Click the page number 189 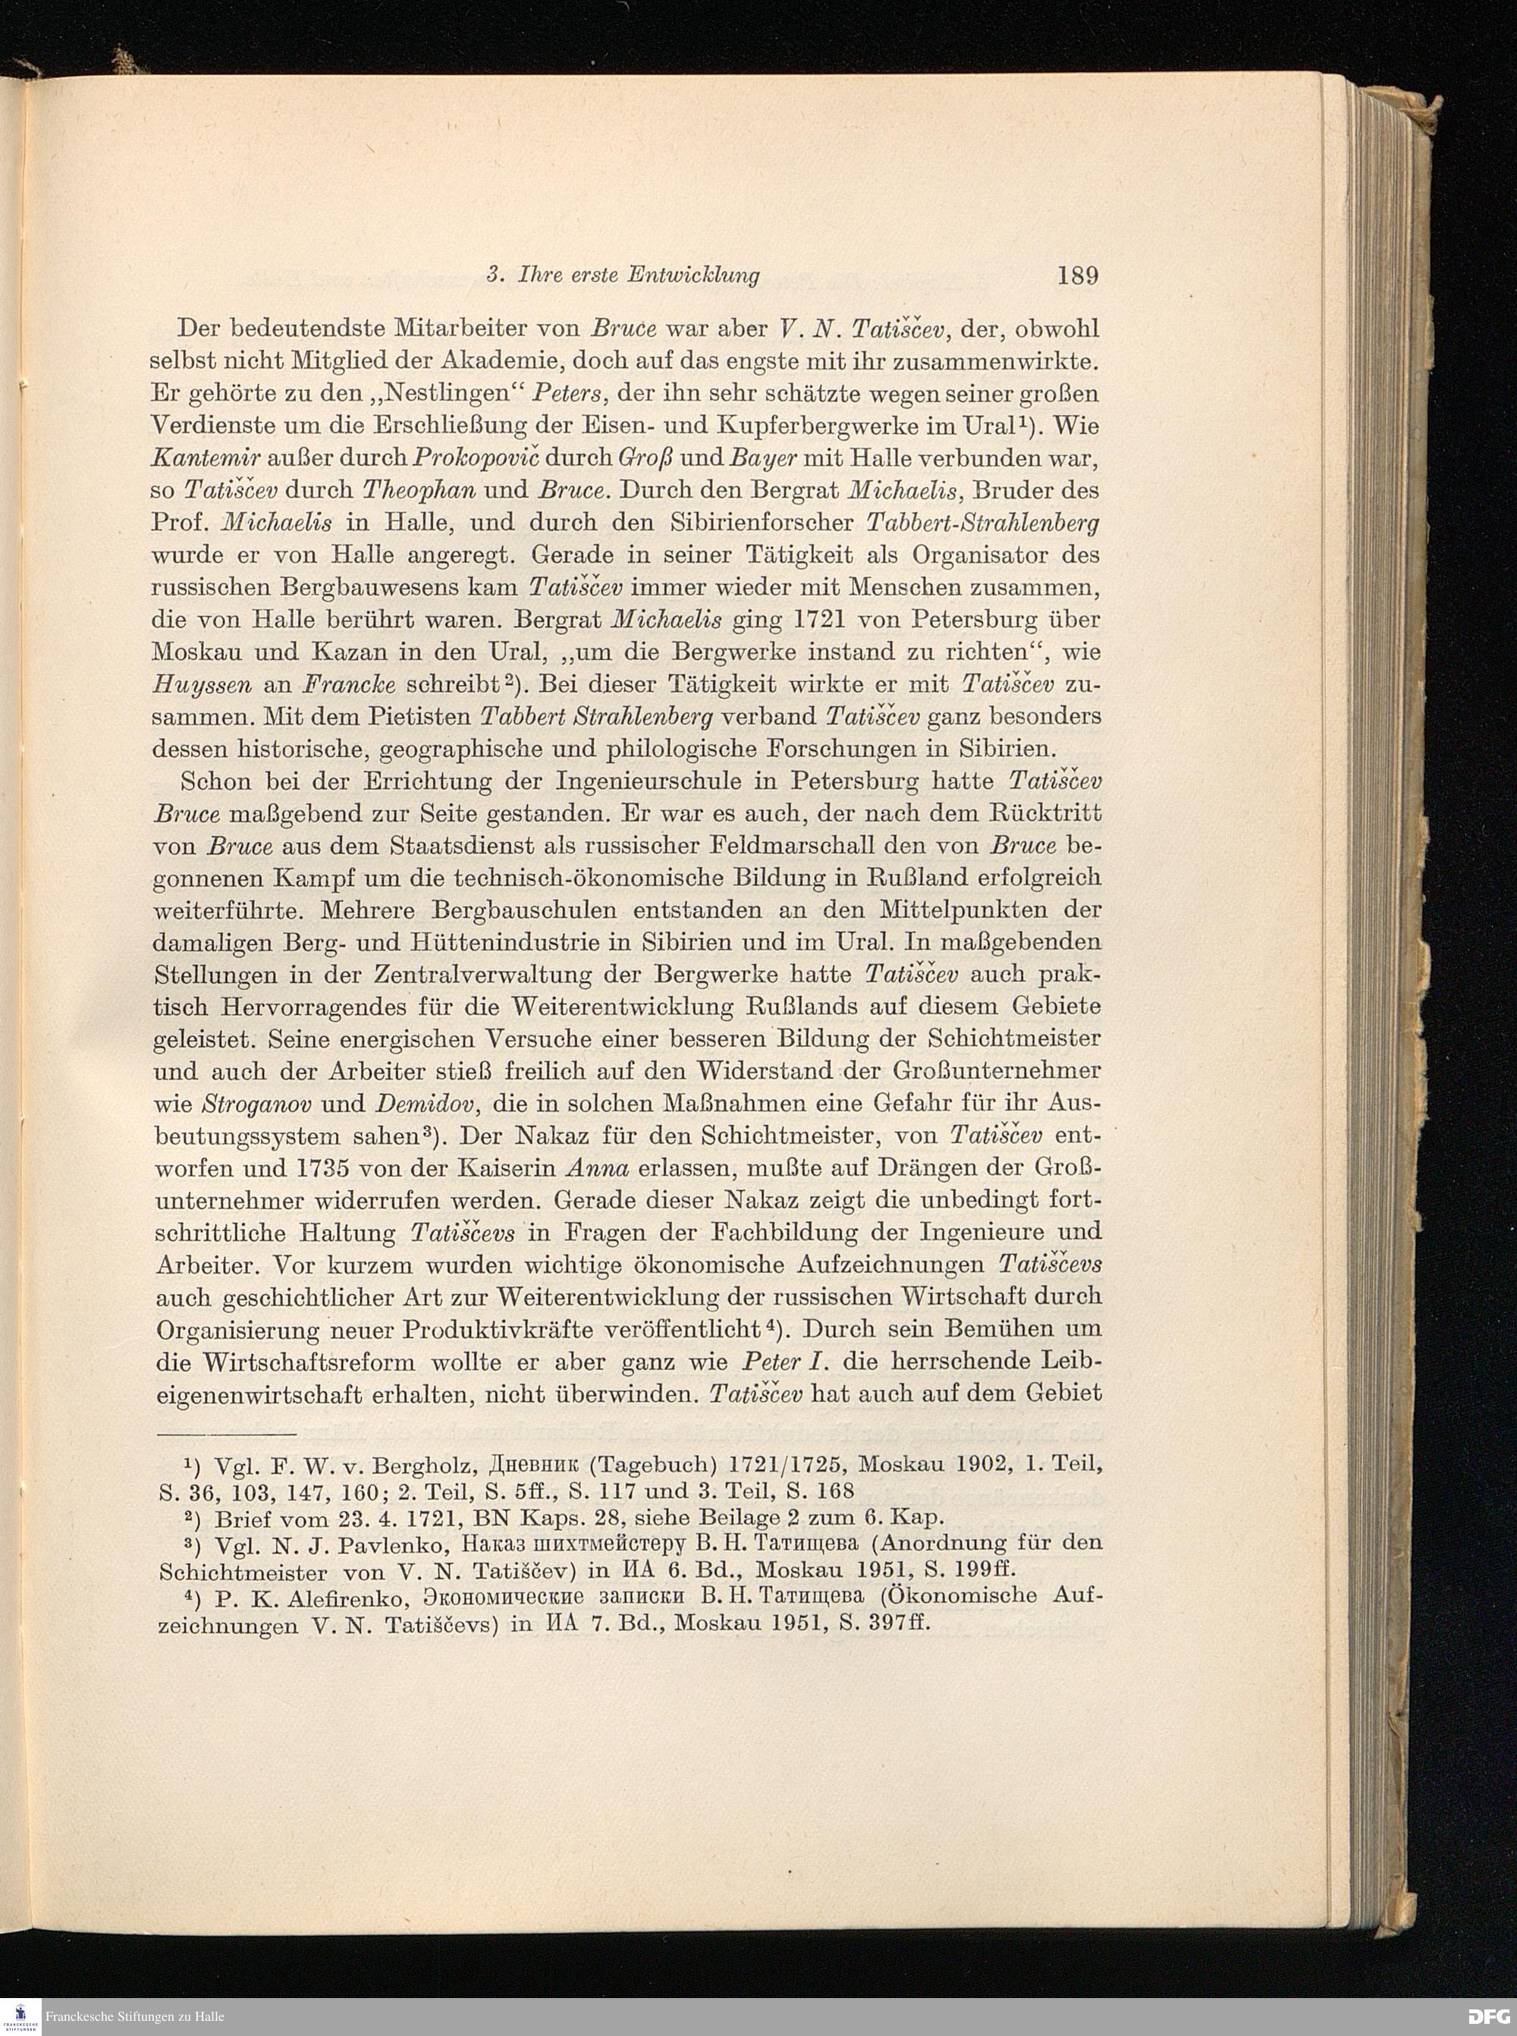(1076, 275)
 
